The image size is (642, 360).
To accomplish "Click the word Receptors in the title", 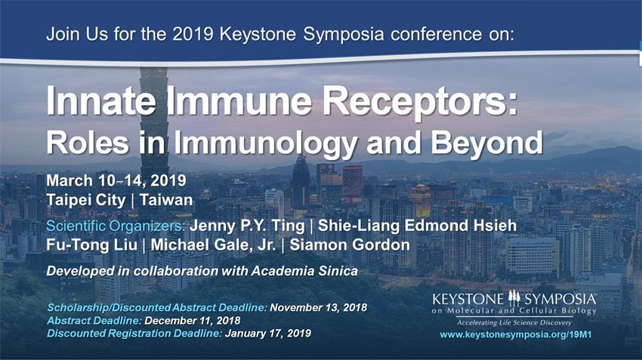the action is (420, 101).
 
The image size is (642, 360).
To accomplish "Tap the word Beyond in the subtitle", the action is (487, 143).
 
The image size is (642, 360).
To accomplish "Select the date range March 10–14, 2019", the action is (116, 180).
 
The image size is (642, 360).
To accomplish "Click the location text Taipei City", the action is (86, 200).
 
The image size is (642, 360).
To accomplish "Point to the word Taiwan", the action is (166, 200).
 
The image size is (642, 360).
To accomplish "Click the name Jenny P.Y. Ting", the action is (247, 226).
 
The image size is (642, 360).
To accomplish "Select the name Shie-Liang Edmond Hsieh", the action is (417, 226).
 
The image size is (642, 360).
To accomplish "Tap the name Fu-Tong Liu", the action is (91, 245).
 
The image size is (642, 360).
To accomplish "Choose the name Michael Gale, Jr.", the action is (213, 245).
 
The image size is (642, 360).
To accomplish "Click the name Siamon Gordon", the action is (350, 245).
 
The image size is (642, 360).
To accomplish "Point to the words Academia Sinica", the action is (304, 271).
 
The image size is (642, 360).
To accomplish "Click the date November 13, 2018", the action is (319, 308).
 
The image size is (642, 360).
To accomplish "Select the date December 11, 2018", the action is (193, 320).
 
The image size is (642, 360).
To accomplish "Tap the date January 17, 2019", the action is (268, 334).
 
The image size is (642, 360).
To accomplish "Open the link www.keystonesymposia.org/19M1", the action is (515, 334).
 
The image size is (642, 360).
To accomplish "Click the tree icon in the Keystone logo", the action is (514, 298).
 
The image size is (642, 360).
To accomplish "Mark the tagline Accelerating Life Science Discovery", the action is (514, 323).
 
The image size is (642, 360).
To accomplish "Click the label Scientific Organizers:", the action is (116, 226).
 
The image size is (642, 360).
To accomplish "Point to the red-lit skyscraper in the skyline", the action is (352, 183).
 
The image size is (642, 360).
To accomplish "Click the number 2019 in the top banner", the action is (193, 34).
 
